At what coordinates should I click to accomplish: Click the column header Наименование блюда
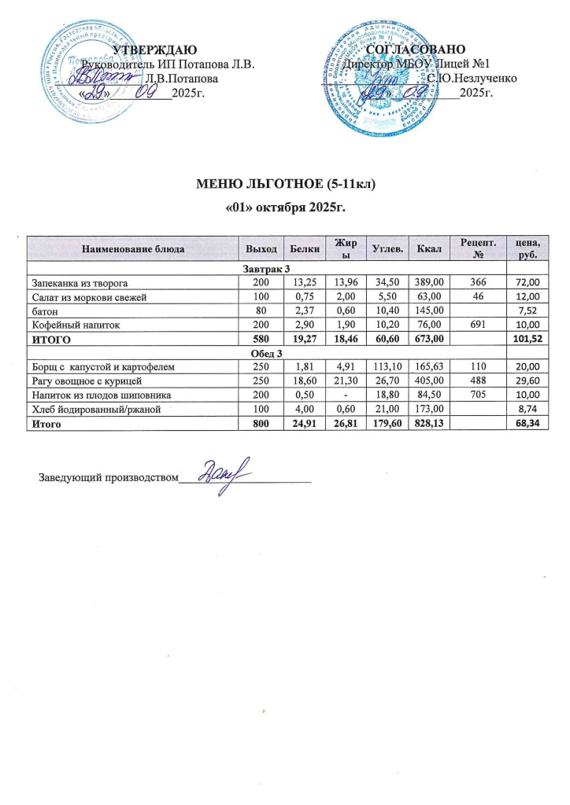(x=132, y=249)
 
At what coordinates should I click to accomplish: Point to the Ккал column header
(x=430, y=249)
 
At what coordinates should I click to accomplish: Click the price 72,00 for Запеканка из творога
(x=527, y=282)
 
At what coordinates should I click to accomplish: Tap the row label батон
(x=44, y=311)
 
